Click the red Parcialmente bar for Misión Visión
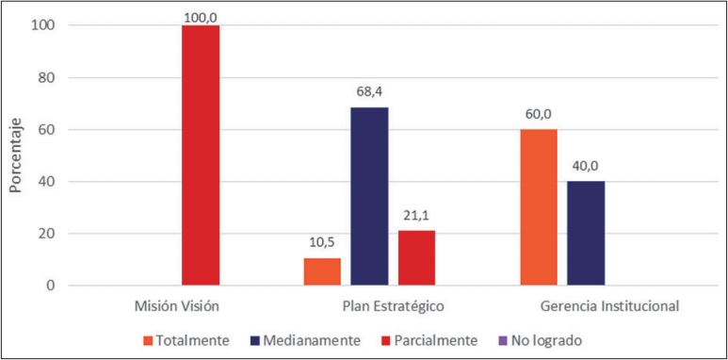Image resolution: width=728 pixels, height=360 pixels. [x=200, y=155]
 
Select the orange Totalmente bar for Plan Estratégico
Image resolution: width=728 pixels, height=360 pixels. [x=322, y=271]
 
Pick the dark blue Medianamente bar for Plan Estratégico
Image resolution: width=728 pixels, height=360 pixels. [x=369, y=196]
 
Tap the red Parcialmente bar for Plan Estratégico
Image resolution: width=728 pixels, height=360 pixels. [x=416, y=257]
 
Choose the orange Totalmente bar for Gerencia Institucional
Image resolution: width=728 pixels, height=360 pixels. [x=539, y=207]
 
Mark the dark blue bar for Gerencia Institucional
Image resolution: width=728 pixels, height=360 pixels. [x=586, y=233]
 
